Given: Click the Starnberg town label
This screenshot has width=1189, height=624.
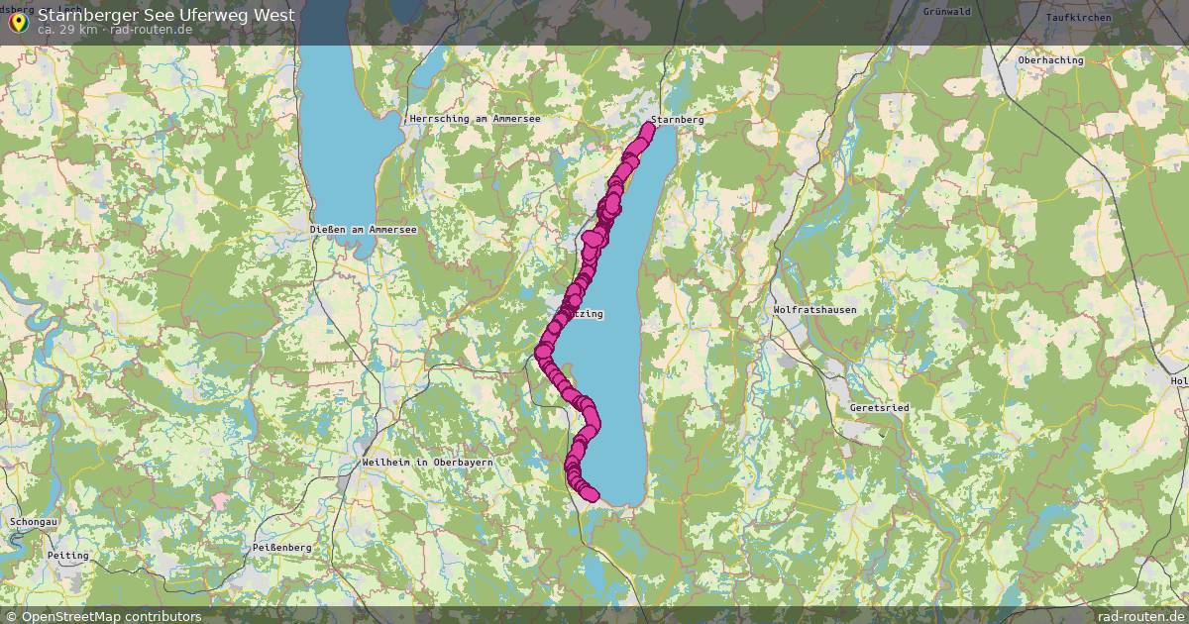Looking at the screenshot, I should click(678, 120).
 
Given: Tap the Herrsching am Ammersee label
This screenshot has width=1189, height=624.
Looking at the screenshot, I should click(474, 119).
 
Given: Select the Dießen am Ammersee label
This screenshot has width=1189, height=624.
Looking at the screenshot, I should click(363, 229).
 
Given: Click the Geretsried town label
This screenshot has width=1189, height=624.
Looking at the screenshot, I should click(879, 408).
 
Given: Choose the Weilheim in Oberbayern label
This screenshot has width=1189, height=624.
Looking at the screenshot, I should click(427, 463).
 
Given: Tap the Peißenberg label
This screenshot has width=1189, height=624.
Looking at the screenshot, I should click(281, 548).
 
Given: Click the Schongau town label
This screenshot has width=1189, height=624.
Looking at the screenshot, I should click(34, 521).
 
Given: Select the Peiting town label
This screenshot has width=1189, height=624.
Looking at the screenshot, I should click(67, 556).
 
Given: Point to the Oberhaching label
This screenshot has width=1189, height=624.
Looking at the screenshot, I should click(1050, 60).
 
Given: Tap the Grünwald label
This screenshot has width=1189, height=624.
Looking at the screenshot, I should click(946, 12).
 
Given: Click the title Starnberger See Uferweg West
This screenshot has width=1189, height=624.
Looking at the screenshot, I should click(165, 15).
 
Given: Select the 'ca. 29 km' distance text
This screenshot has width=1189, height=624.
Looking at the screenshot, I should click(67, 30).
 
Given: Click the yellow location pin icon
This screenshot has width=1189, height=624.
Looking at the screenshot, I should click(18, 21).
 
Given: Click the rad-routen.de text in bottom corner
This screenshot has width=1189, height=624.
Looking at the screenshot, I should click(1141, 616).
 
